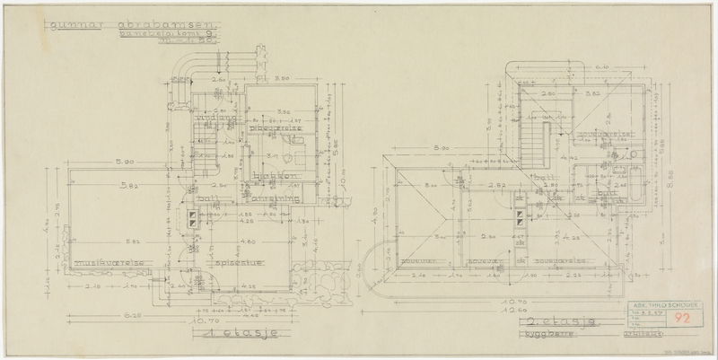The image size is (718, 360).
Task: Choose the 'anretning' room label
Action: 267,188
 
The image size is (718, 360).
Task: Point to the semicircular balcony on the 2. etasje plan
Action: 377,269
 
